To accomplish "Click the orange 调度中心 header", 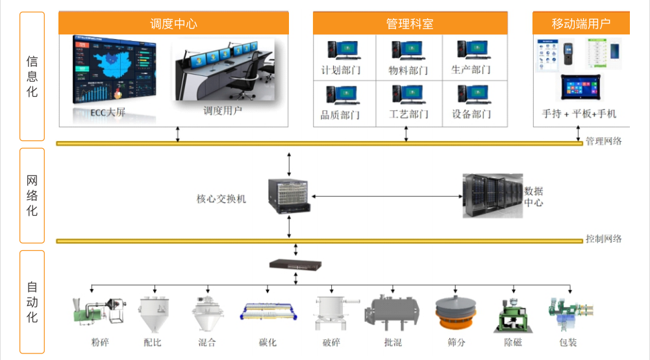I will click(x=173, y=24).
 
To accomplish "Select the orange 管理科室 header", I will click(x=409, y=24).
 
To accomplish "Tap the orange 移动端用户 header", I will click(x=581, y=24).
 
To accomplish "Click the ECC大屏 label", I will click(x=108, y=112).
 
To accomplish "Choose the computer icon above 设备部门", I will click(x=472, y=95).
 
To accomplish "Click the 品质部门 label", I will click(x=340, y=115).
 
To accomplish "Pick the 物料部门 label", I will click(x=408, y=70).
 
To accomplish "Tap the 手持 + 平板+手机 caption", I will click(x=579, y=114).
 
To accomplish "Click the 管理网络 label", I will click(x=604, y=141).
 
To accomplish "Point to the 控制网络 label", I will click(x=604, y=238).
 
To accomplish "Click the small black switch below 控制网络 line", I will click(x=295, y=264).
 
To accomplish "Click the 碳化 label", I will click(x=268, y=342).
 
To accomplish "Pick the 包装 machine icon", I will click(x=569, y=312).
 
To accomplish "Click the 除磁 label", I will click(x=513, y=342).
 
